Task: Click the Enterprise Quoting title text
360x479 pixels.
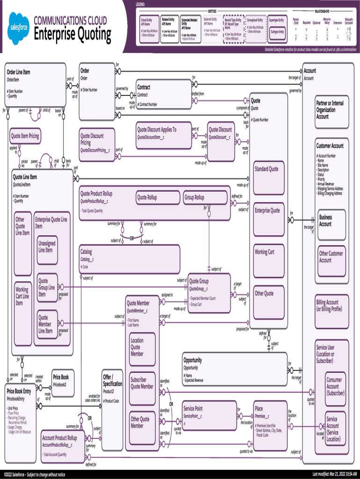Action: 72,34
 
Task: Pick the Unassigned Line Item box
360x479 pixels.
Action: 47,247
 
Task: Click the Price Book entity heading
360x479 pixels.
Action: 61,377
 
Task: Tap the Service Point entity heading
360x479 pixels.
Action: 193,408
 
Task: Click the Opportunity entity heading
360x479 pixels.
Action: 193,360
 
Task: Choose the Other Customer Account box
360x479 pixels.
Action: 331,257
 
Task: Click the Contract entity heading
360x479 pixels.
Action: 144,87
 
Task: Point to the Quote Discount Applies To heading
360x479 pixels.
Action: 157,130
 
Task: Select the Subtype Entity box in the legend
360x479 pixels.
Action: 277,32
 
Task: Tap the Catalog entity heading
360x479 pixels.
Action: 86,252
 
